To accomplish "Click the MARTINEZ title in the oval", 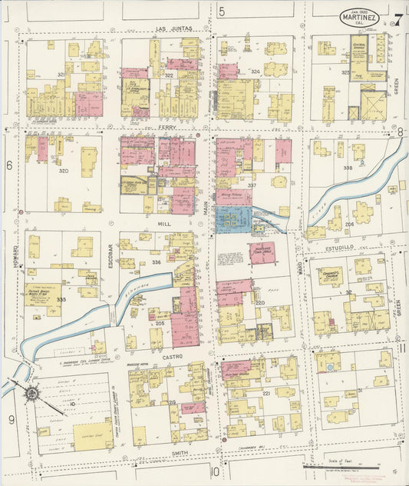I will [x=359, y=15].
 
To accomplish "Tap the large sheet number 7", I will [x=397, y=20].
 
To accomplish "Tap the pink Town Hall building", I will [x=262, y=252].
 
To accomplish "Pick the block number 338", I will [x=348, y=167].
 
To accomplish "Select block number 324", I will [x=255, y=72].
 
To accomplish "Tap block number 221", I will [x=266, y=392].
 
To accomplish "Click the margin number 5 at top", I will [x=222, y=11].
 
